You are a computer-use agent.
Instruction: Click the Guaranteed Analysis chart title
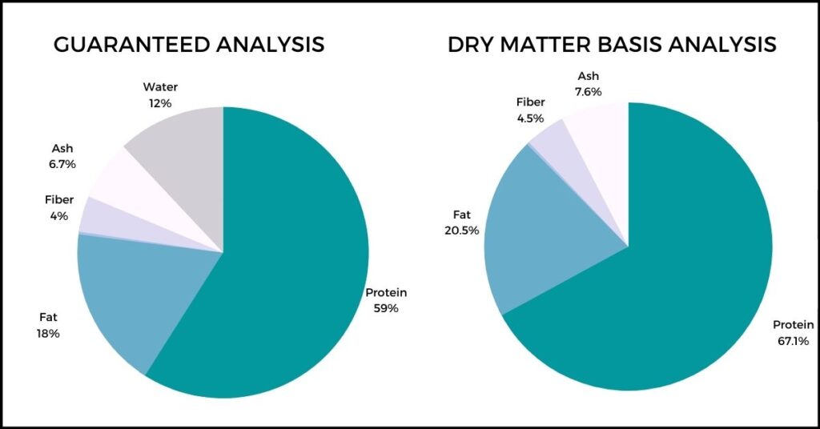coord(189,44)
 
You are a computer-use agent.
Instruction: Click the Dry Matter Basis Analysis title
coord(612,44)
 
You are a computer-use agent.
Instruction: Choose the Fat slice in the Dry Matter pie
coord(544,230)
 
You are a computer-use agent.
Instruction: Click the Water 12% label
coord(160,95)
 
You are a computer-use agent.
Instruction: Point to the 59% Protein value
coord(386,308)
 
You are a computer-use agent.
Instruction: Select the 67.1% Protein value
coord(794,341)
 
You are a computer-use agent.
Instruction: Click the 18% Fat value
coord(47,333)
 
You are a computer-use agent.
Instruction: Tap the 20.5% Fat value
coord(462,231)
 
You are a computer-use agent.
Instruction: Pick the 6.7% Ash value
coord(62,164)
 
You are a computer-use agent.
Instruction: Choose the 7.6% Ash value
coord(589,92)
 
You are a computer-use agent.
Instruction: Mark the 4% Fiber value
coord(59,215)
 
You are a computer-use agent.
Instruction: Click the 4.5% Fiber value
coord(530,118)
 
